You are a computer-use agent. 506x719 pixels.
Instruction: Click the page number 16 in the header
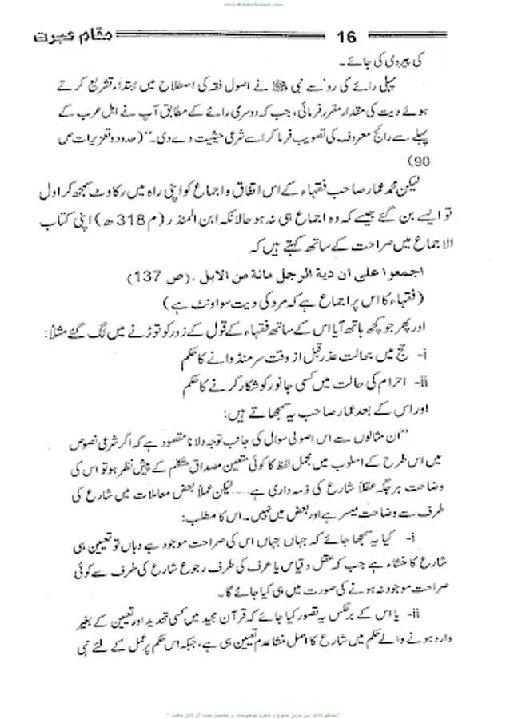point(348,38)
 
